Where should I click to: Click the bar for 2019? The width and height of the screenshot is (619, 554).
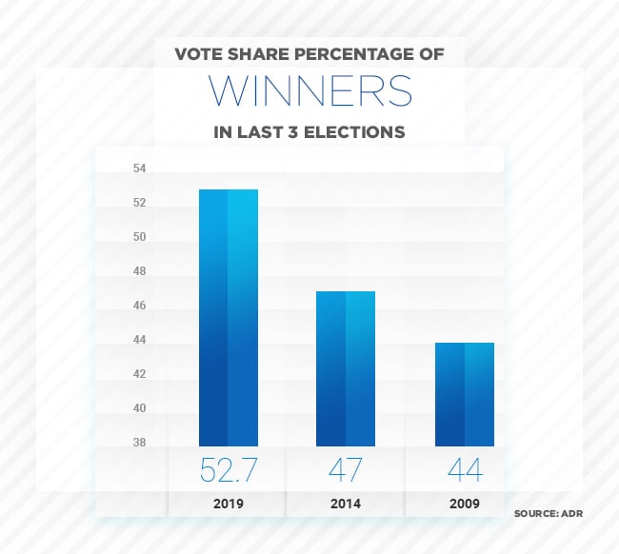point(228,317)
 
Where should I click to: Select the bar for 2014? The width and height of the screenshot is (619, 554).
point(346,368)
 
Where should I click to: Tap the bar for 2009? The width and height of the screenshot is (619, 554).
point(464,394)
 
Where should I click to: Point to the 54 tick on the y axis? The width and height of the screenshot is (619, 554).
point(139,168)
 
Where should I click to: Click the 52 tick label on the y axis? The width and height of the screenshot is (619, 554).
point(139,203)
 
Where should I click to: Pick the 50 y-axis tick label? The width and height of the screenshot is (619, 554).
point(139,237)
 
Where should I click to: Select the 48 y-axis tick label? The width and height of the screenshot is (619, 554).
point(139,271)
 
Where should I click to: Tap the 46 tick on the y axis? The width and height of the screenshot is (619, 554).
point(139,306)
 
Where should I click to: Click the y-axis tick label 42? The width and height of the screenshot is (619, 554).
point(139,374)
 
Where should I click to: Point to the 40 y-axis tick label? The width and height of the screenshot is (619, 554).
point(139,408)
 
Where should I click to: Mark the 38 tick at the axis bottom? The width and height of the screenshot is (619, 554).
point(139,443)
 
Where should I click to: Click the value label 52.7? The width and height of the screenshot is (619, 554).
point(228,470)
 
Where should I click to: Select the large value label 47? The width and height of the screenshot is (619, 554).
point(346,470)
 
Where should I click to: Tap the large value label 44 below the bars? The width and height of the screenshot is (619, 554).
point(464,470)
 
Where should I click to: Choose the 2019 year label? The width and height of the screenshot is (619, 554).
point(228,504)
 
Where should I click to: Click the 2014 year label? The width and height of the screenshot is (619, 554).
point(346,504)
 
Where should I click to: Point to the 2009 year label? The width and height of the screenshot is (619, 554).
point(464,504)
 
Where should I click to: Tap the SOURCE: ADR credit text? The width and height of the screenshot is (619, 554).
point(548,514)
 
